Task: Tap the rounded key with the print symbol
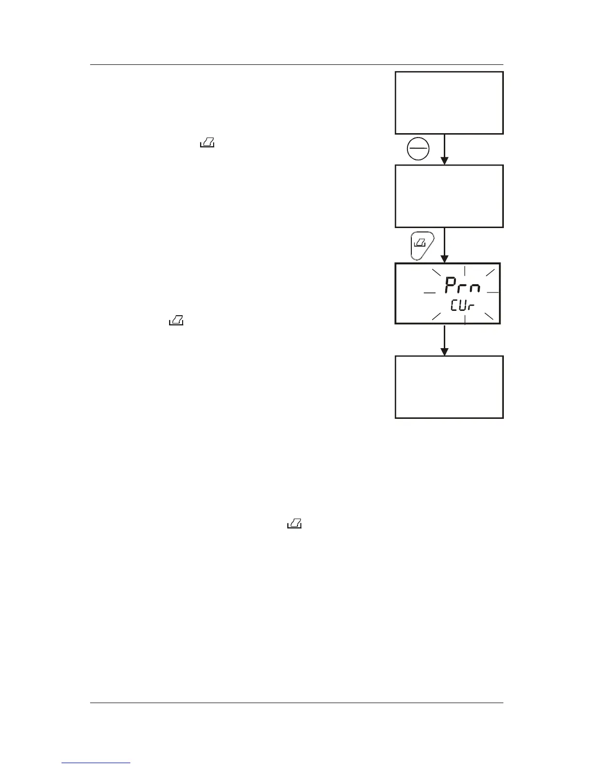tap(421, 245)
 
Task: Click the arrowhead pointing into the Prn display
tap(444, 259)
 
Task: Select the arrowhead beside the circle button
tap(444, 160)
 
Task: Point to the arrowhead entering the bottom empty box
tap(444, 352)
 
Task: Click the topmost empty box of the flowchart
tap(449, 103)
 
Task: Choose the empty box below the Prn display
tap(449, 387)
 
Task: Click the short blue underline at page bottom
tap(96, 763)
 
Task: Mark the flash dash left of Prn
tap(429, 292)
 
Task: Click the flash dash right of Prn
tap(493, 292)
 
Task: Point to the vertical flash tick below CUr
tap(465, 319)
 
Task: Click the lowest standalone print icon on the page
tap(295, 523)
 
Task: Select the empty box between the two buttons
tap(449, 196)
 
